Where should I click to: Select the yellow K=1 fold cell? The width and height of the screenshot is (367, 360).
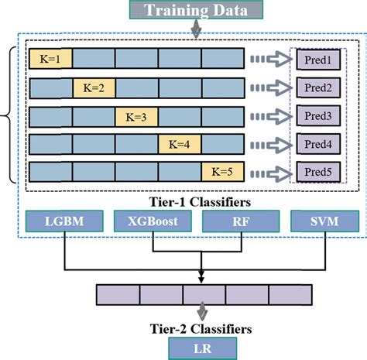pyautogui.click(x=51, y=58)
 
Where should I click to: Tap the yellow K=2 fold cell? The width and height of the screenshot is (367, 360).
pyautogui.click(x=94, y=87)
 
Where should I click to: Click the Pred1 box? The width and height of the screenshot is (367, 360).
pyautogui.click(x=317, y=59)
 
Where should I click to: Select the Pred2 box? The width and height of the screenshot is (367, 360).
pyautogui.click(x=317, y=87)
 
